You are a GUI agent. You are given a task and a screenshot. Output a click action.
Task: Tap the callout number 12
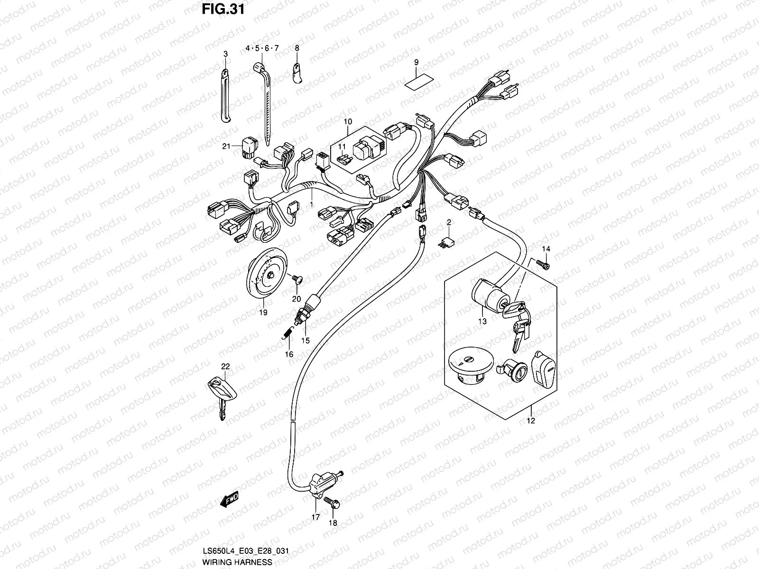tap(530, 421)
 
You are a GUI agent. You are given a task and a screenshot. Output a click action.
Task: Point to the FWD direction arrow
tap(229, 499)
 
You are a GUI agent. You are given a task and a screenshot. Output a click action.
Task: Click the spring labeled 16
tap(286, 334)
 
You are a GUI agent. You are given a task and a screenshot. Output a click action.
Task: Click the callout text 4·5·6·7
tap(261, 48)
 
